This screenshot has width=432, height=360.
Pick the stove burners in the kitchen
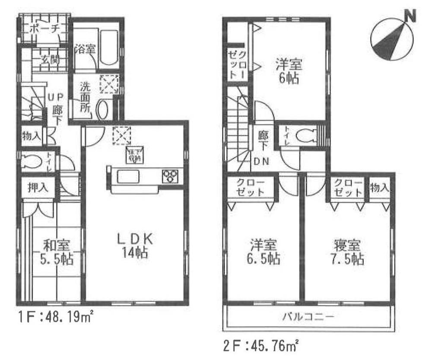(x=169, y=176)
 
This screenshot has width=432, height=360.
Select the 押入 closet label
(x=38, y=188)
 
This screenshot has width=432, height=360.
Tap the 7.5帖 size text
(x=347, y=259)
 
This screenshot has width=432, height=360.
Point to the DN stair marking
(x=262, y=162)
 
